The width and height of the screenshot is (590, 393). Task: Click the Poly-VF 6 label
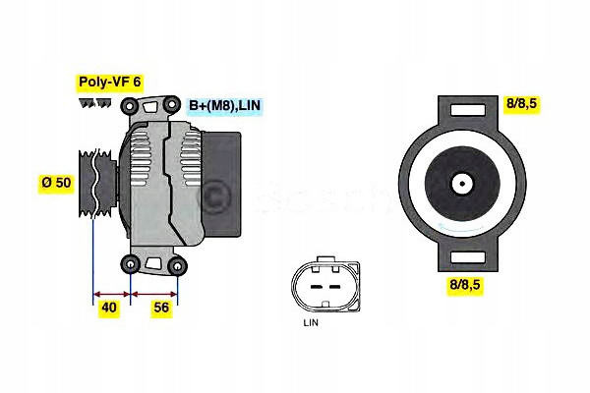[110, 82]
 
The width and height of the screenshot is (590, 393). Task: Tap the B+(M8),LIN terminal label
[224, 105]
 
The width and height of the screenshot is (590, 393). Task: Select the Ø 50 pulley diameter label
[56, 183]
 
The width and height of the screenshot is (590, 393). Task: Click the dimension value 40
[109, 308]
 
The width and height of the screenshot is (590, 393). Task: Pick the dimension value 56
[161, 308]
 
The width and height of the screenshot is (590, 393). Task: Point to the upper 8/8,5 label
[521, 103]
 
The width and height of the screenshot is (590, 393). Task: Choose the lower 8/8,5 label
[465, 285]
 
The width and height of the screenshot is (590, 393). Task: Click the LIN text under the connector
[311, 322]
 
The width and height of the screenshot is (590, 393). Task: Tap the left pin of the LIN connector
[317, 287]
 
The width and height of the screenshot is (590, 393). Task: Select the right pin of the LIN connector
[334, 287]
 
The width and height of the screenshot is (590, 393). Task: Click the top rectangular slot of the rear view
[468, 110]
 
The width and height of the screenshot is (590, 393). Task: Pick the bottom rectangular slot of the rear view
[468, 257]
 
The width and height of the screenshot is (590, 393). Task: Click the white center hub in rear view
[462, 185]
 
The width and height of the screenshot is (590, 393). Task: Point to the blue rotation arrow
[460, 228]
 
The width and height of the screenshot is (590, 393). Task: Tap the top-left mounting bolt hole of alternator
[130, 106]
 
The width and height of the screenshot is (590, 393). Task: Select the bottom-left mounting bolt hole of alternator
[131, 264]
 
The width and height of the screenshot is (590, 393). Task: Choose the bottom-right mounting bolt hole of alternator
[177, 266]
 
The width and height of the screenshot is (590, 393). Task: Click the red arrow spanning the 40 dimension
[111, 294]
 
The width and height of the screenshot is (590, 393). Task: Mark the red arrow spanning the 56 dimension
[154, 294]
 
